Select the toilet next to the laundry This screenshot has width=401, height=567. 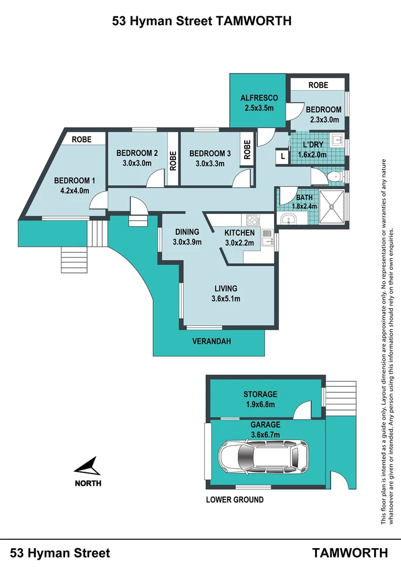pyautogui.click(x=333, y=176)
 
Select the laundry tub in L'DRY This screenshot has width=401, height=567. pyautogui.click(x=337, y=141)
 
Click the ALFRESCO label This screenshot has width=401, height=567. pyautogui.click(x=259, y=98)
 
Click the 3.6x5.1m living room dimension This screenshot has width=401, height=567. pyautogui.click(x=226, y=300)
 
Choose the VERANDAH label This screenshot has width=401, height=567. pyautogui.click(x=212, y=341)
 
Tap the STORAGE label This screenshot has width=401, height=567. pyautogui.click(x=260, y=394)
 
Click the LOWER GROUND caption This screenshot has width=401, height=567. pyautogui.click(x=235, y=500)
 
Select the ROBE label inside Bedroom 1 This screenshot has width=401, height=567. pyautogui.click(x=81, y=140)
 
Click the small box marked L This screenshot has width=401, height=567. pyautogui.click(x=283, y=156)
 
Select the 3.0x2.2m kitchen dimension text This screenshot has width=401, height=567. pyautogui.click(x=239, y=243)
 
